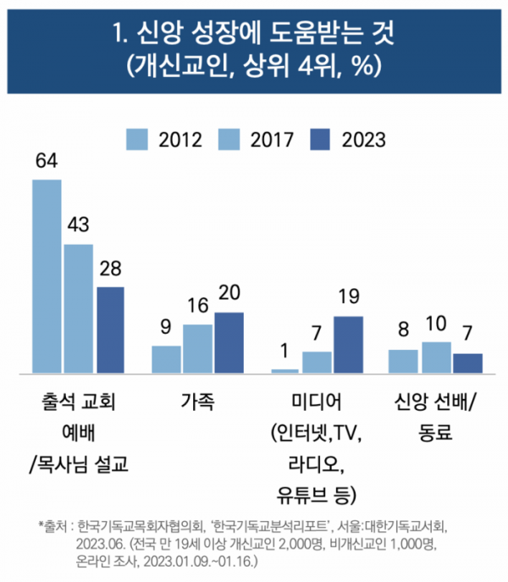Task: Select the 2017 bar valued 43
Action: coord(79,308)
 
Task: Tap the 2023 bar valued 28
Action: coord(110,330)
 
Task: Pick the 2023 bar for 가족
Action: coord(229,342)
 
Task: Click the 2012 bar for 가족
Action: coord(166,359)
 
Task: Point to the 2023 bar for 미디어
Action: coord(348,345)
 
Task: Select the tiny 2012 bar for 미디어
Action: coord(284,371)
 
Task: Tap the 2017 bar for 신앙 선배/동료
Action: coord(436,358)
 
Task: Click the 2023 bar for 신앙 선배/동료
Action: coord(467,363)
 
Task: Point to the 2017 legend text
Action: coord(272,139)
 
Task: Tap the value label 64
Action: coord(47,162)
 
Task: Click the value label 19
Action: coord(348,297)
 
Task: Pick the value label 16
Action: coord(197,306)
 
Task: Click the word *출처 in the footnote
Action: coord(54,524)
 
